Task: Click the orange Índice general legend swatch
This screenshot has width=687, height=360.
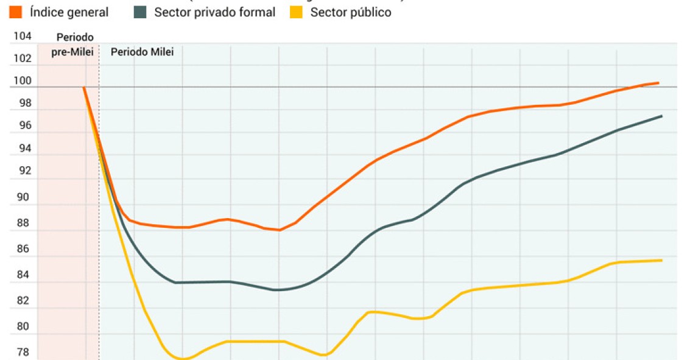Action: coord(16,12)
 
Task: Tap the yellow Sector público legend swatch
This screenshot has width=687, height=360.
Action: coord(295,12)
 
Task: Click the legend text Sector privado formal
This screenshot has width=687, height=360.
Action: coord(214,12)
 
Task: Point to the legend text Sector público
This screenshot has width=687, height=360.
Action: coord(351,12)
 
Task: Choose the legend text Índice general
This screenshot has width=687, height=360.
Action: coord(69,12)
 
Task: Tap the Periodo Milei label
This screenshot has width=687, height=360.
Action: coord(142,52)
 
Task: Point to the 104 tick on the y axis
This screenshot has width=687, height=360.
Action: coord(23,37)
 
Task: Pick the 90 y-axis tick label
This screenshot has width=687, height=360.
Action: coord(23,197)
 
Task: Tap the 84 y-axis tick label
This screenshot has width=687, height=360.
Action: coord(23,275)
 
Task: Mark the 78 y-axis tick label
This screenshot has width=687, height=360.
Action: coord(23,352)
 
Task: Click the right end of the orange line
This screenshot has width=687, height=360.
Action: coord(658,83)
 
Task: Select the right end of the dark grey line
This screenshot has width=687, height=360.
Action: coord(662,116)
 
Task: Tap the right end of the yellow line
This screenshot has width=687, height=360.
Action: coord(662,260)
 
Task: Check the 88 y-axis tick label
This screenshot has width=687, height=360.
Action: coord(23,224)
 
